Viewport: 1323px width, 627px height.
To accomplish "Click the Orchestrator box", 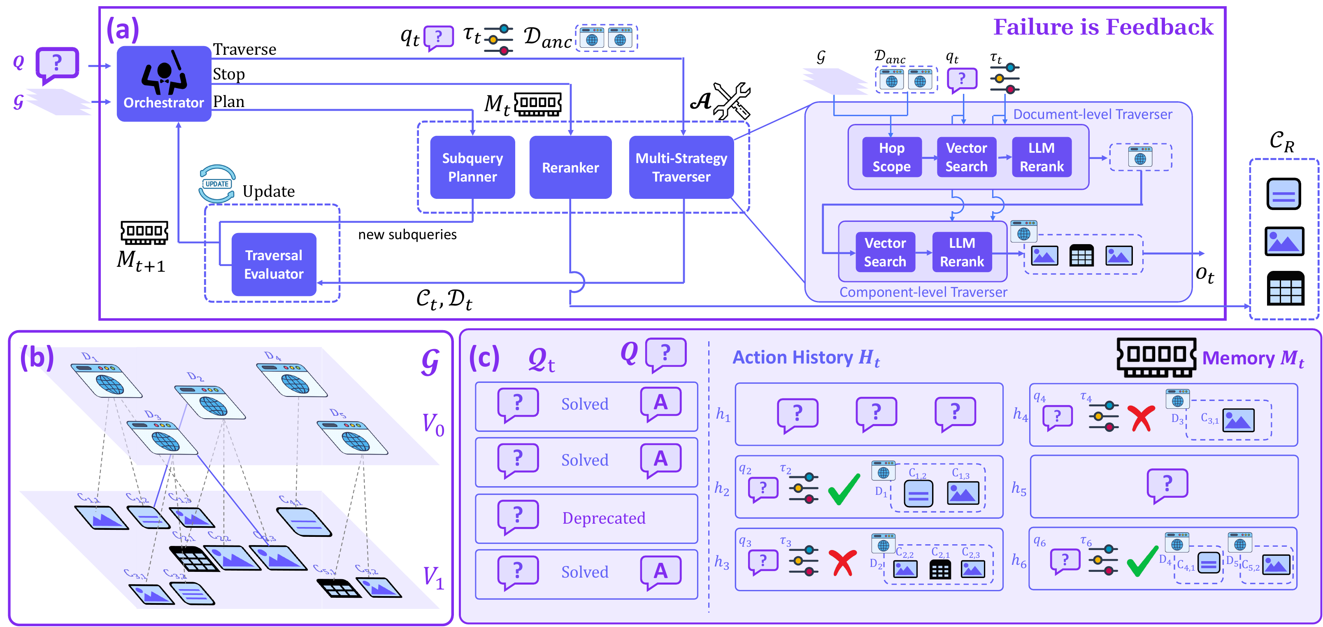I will (164, 84).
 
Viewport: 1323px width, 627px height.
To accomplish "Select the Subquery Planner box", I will (472, 167).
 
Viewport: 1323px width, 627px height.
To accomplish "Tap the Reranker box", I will (570, 167).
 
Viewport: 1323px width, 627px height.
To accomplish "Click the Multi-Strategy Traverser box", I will (681, 167).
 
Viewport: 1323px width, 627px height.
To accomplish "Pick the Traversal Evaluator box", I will (274, 264).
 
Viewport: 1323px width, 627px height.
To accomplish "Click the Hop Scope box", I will (892, 157).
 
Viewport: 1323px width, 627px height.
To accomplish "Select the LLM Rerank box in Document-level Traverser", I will (1042, 157).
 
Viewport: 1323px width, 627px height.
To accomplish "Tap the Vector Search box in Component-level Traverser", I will (885, 252).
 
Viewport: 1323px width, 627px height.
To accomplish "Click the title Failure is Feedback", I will (1103, 27).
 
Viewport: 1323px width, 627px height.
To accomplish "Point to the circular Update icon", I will (217, 184).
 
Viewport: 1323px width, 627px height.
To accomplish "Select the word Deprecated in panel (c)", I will (603, 518).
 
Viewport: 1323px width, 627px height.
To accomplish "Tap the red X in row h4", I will (1141, 417).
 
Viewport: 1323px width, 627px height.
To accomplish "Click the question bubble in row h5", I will (1167, 485).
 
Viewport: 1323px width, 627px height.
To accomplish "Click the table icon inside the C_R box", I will (1284, 289).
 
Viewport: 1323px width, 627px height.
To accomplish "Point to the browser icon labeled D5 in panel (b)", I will (352, 438).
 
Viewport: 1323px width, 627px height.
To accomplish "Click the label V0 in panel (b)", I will (432, 424).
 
